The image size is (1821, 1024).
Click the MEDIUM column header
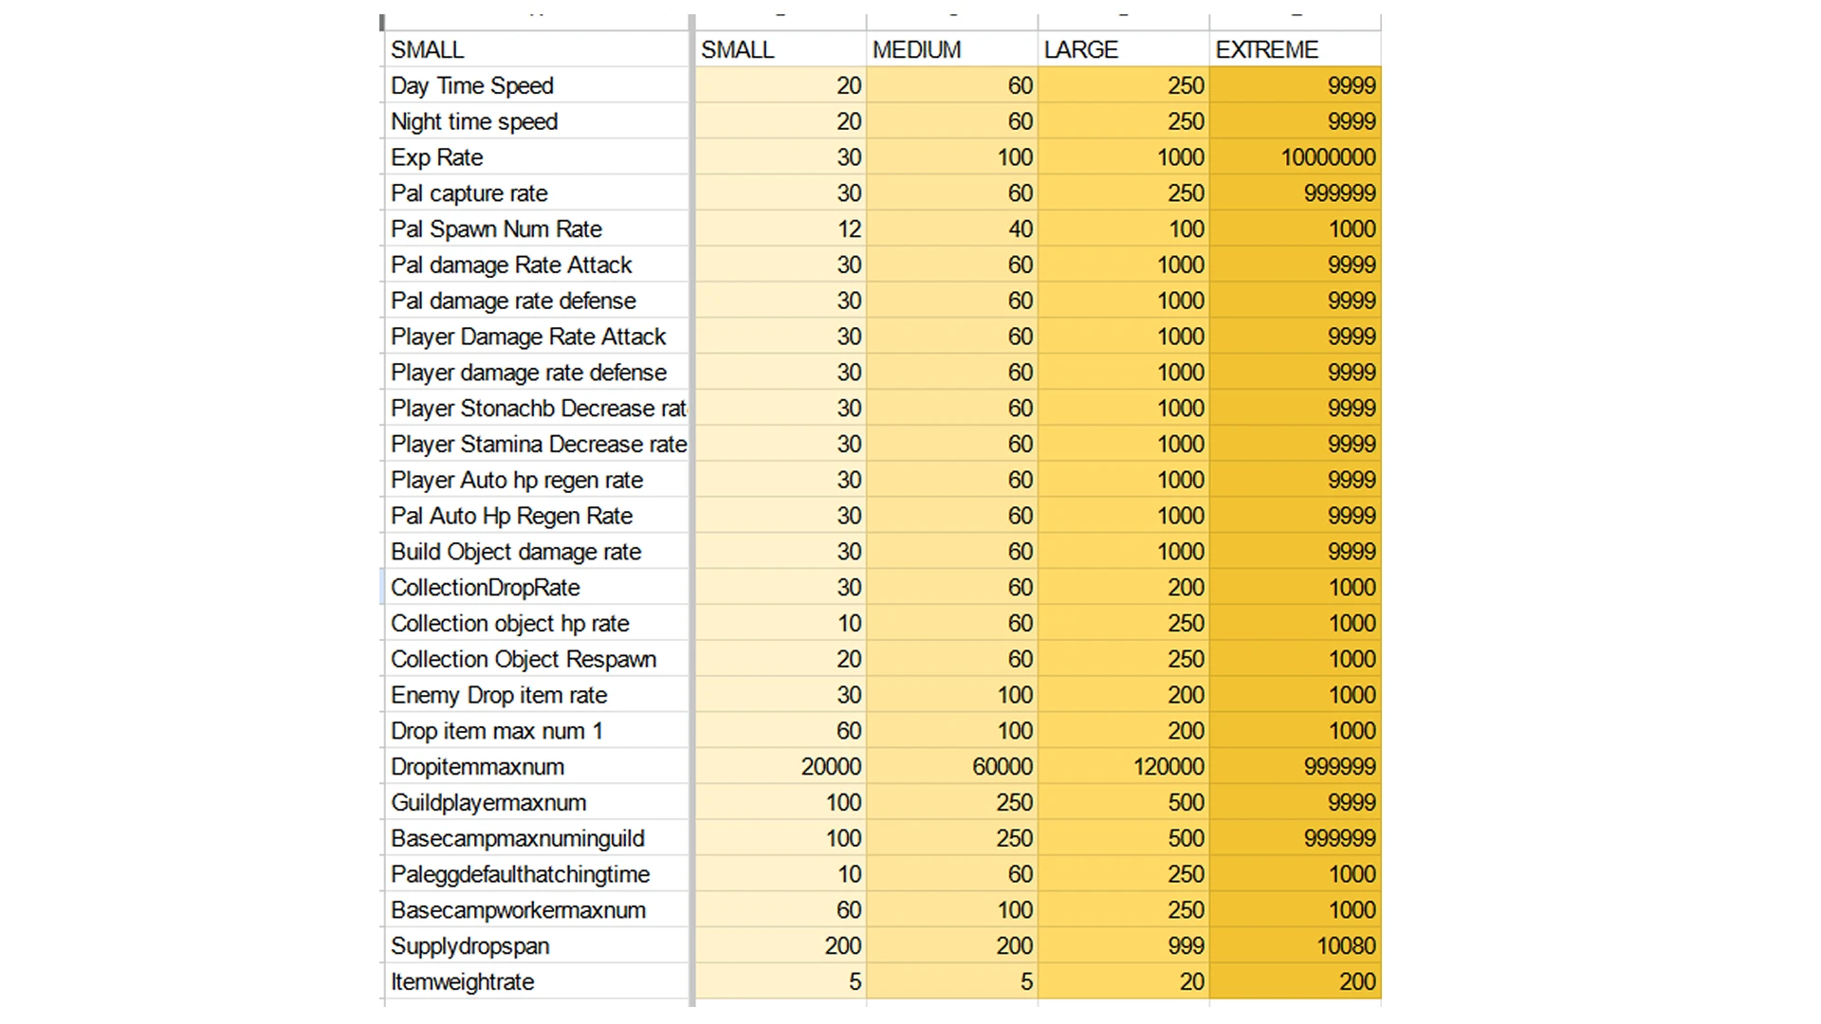[916, 49]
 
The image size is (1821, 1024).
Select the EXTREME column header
[1266, 49]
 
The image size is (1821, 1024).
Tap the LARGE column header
[1080, 49]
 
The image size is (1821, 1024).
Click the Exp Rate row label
[437, 157]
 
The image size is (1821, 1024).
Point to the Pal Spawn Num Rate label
[496, 229]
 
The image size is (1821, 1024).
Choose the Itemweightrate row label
[462, 982]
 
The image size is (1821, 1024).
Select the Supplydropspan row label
[469, 946]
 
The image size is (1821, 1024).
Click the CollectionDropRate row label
[485, 588]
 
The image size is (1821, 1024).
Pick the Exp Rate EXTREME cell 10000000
[1328, 157]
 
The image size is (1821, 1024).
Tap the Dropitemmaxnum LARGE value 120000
[1168, 767]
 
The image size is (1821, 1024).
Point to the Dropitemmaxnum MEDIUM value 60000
[1002, 767]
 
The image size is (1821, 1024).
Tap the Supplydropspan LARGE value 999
[1186, 946]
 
